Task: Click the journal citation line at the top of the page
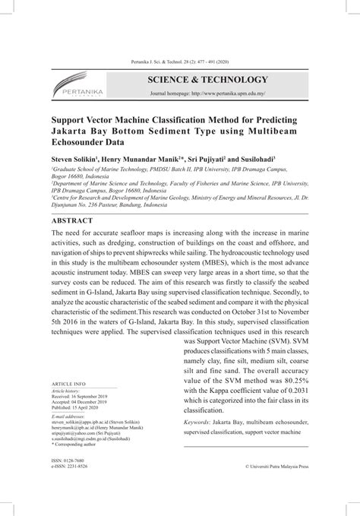(180, 62)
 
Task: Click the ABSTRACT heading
(72, 220)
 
